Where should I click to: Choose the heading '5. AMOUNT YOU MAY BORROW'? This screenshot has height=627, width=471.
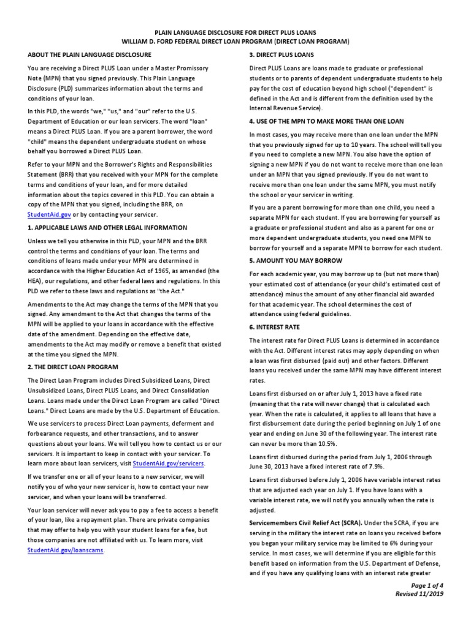pos(294,260)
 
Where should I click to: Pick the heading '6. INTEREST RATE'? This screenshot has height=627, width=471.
pos(275,327)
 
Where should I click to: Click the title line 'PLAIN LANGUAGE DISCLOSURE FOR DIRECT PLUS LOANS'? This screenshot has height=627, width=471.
pos(235,32)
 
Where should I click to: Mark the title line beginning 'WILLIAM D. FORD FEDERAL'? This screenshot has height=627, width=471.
pos(235,41)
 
